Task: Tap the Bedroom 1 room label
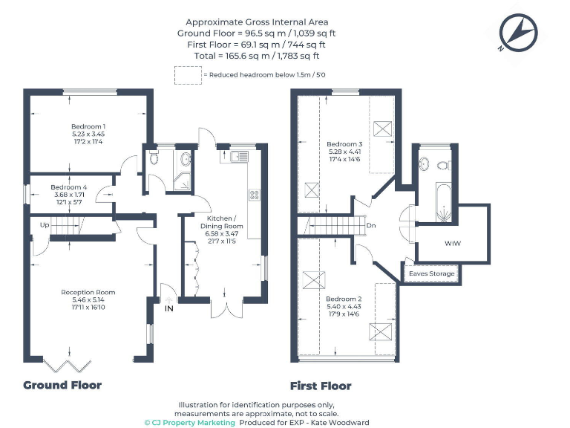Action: [x=88, y=134]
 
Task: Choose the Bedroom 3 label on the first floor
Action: [x=344, y=152]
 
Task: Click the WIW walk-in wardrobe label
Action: [x=452, y=243]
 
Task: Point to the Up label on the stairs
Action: [x=45, y=224]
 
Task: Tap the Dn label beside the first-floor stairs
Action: [x=371, y=225]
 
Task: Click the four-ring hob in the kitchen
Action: [x=254, y=195]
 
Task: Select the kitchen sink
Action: [x=239, y=156]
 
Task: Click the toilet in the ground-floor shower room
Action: [x=153, y=158]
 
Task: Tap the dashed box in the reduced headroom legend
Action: [x=186, y=75]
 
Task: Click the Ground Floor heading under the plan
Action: [x=62, y=385]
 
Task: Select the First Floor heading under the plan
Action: [x=321, y=386]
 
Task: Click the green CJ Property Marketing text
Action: [x=189, y=422]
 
